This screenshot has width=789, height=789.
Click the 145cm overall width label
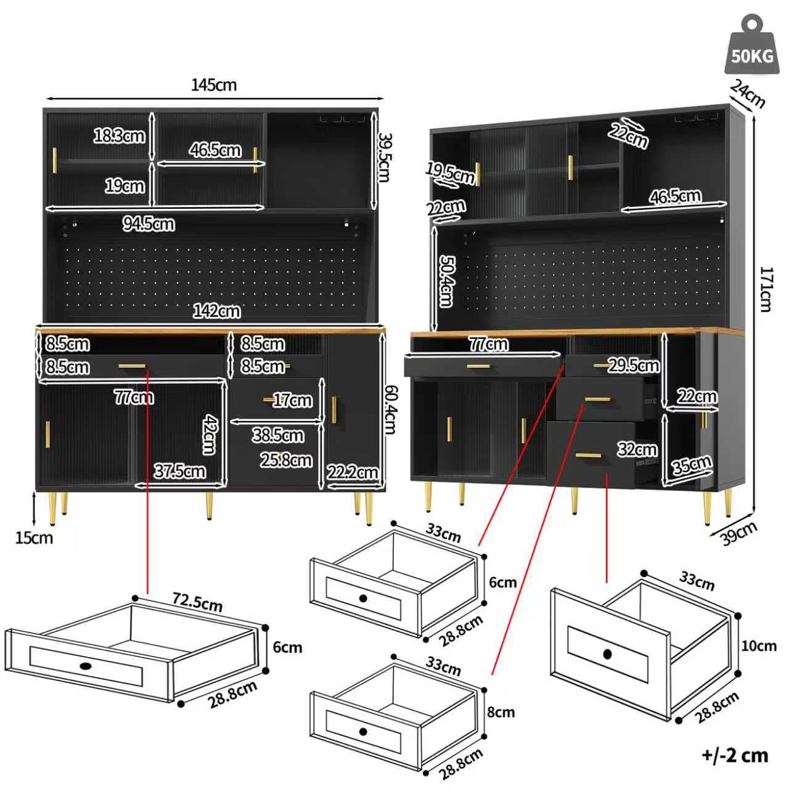pyautogui.click(x=213, y=85)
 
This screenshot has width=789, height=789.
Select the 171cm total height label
pyautogui.click(x=766, y=289)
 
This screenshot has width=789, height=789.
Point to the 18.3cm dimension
pyautogui.click(x=119, y=135)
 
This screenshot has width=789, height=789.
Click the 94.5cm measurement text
pyautogui.click(x=148, y=224)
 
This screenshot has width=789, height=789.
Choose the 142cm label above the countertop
pyautogui.click(x=216, y=311)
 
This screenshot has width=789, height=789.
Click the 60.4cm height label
pyautogui.click(x=390, y=409)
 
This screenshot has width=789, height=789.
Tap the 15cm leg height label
pyautogui.click(x=34, y=538)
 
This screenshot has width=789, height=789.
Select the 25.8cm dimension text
pyautogui.click(x=285, y=460)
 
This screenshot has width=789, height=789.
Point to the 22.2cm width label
pyautogui.click(x=352, y=472)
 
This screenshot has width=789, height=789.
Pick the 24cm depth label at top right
pyautogui.click(x=748, y=93)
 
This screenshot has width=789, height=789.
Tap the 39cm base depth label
pyautogui.click(x=738, y=533)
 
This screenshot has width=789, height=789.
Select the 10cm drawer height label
pyautogui.click(x=759, y=646)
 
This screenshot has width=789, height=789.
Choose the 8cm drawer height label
pyautogui.click(x=501, y=713)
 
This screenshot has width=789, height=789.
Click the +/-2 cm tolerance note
pyautogui.click(x=735, y=755)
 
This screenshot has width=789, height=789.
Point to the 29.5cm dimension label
pyautogui.click(x=634, y=366)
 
